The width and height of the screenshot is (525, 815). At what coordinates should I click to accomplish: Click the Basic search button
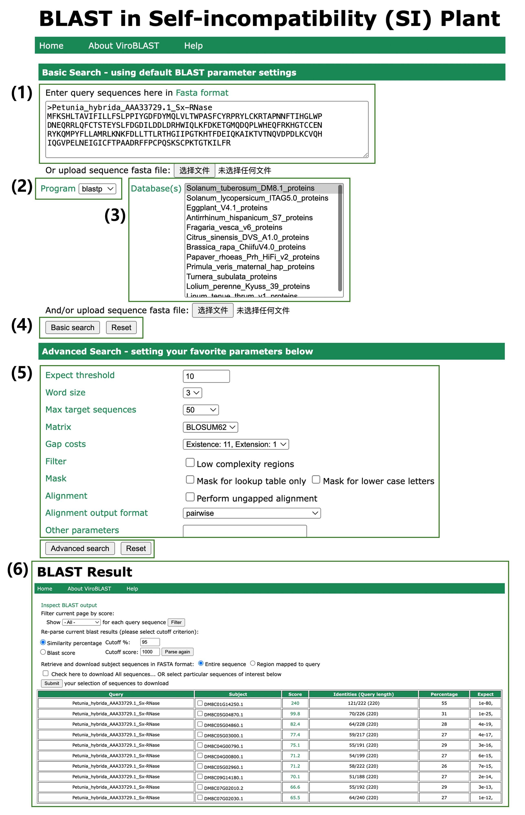[x=72, y=328]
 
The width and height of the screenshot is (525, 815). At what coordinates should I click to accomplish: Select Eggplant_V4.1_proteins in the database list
[x=227, y=208]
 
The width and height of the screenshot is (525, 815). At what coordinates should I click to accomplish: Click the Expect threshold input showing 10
[x=206, y=376]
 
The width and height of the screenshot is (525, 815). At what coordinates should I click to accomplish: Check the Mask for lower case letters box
[x=316, y=480]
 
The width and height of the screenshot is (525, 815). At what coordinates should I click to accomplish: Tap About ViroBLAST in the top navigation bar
[x=124, y=46]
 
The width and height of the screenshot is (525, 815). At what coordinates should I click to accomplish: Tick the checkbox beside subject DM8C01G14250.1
[x=200, y=703]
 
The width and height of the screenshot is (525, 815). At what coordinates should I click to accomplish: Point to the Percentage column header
[x=444, y=694]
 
